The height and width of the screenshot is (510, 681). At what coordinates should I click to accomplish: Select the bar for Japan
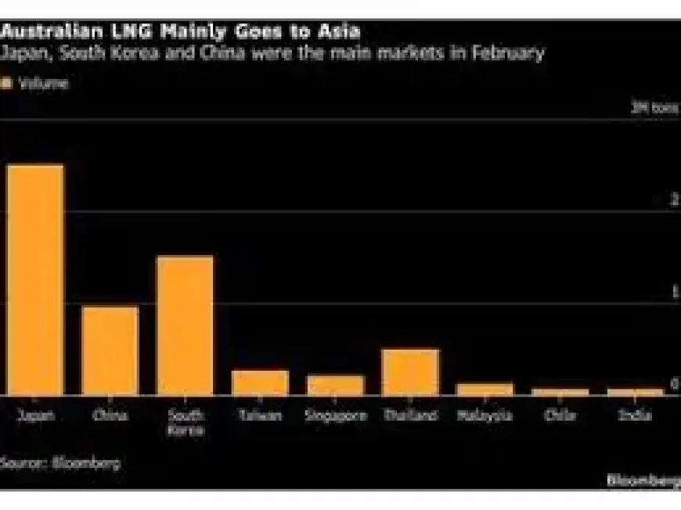35,279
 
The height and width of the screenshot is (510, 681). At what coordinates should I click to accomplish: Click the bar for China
110,350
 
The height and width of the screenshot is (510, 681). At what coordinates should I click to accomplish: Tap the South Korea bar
186,325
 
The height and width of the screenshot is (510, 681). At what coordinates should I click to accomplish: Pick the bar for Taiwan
260,382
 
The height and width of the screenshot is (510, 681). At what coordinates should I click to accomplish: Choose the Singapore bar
335,385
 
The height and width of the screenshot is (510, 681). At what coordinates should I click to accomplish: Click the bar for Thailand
410,372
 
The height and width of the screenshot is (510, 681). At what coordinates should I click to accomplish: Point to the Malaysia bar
485,389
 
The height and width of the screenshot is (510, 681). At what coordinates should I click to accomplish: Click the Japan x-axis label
35,415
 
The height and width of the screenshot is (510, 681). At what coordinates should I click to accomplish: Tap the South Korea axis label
186,422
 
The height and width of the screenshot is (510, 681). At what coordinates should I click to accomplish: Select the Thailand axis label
410,415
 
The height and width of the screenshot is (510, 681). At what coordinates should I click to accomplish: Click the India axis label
635,415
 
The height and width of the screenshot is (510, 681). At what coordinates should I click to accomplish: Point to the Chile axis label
560,415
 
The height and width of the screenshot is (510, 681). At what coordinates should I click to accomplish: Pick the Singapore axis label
335,415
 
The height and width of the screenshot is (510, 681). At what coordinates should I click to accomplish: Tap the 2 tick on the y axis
674,201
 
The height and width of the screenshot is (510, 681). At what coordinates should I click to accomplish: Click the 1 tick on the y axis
674,293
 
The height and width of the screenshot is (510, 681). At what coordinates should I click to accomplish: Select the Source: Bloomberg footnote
61,462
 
